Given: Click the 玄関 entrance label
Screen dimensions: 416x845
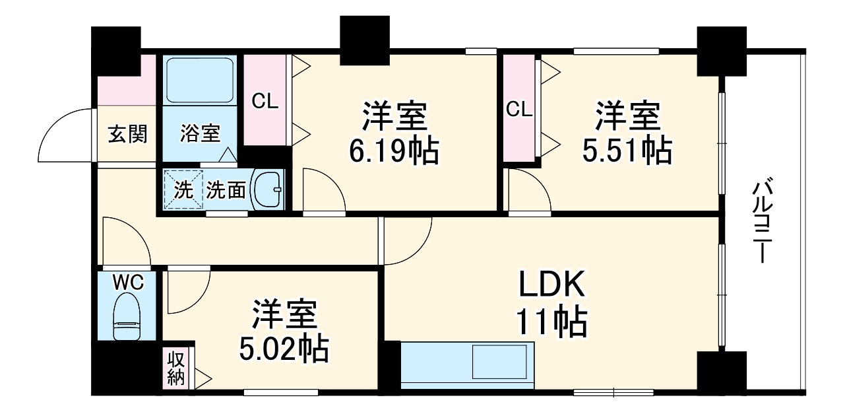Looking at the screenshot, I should point(127,134).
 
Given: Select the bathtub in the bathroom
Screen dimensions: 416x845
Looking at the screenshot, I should point(200,81).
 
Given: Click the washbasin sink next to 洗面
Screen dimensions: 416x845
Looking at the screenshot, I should point(268,190).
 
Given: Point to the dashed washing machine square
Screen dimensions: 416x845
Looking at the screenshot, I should point(182,190).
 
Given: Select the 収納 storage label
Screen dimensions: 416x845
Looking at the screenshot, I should point(175,368).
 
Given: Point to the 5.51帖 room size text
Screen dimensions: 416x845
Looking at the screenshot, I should point(627,151).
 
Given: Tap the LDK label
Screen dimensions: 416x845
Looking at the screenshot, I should point(551,285).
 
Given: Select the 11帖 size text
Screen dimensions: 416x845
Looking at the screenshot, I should point(551,322).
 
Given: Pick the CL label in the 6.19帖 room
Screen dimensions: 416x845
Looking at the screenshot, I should point(265,102).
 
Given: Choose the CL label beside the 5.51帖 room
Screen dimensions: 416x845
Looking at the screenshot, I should point(519,110).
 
